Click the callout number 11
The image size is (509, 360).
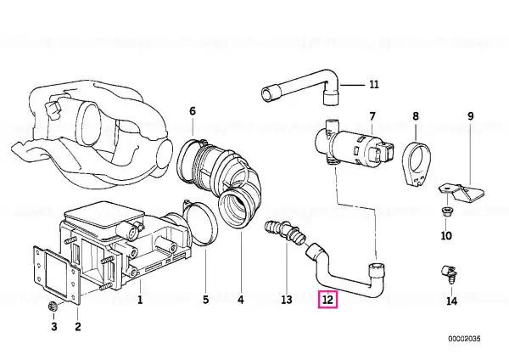click(374, 84)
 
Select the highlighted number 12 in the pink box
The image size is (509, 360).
click(328, 299)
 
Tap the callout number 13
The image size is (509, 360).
click(287, 299)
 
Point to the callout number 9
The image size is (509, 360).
click(470, 116)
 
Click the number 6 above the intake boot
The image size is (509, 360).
click(193, 111)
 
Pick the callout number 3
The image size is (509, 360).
click(54, 326)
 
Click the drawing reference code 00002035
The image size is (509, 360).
click(464, 339)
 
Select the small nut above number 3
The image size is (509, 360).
click(52, 306)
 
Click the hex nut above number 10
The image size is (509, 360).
click(446, 212)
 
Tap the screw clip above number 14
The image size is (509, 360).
click(449, 273)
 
